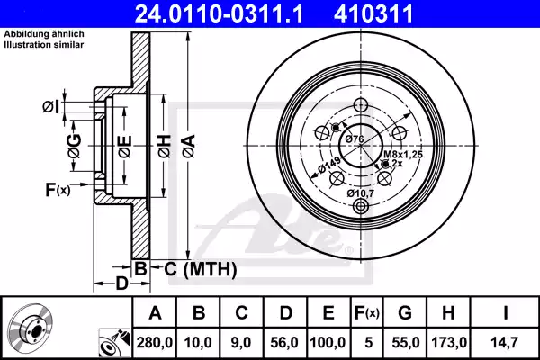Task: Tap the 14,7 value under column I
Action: pyautogui.click(x=507, y=343)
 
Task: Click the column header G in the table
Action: pyautogui.click(x=406, y=313)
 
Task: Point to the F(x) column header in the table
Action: pyautogui.click(x=368, y=313)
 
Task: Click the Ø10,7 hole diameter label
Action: pyautogui.click(x=362, y=193)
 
